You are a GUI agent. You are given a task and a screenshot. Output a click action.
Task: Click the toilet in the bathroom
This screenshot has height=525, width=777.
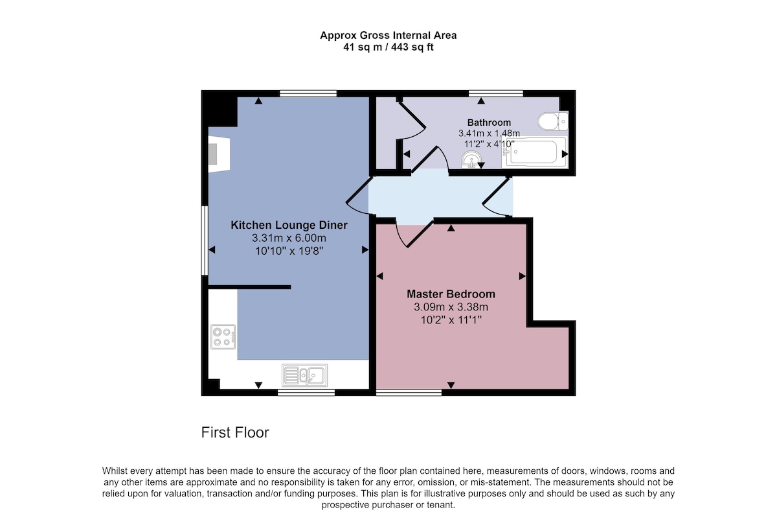(553, 121)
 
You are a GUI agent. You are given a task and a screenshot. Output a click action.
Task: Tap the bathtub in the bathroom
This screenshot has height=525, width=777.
(535, 152)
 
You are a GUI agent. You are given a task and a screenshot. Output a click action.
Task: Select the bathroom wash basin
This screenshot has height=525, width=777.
(471, 161)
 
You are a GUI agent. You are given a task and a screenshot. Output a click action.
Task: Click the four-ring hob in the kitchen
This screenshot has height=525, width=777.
(223, 337)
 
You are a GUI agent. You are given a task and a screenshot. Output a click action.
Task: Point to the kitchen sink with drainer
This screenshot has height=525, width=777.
(304, 375)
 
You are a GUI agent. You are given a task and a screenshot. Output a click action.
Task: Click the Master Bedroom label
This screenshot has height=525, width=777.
(451, 294)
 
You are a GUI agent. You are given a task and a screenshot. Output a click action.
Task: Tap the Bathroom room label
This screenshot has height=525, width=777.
(489, 122)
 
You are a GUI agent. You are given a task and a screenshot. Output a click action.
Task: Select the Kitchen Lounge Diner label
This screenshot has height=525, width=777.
(289, 225)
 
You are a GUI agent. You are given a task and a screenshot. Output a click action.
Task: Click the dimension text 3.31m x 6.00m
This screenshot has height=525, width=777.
(289, 239)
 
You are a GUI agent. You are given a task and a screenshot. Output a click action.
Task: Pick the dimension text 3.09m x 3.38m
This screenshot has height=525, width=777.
(451, 307)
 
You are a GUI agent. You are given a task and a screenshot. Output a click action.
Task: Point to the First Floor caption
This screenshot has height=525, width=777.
(235, 433)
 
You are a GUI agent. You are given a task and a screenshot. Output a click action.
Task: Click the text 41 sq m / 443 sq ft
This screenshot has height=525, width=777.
(388, 47)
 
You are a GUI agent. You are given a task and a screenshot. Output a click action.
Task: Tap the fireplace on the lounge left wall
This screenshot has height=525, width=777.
(219, 154)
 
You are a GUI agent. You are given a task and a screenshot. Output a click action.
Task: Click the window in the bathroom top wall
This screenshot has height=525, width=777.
(496, 93)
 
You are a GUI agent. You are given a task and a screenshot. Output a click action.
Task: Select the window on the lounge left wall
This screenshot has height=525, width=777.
(205, 240)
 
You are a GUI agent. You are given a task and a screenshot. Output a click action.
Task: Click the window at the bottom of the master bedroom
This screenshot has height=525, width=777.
(409, 393)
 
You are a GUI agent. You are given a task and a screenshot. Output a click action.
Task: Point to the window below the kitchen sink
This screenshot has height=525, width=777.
(306, 393)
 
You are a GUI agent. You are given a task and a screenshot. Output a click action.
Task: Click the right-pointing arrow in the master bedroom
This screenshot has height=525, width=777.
(523, 276)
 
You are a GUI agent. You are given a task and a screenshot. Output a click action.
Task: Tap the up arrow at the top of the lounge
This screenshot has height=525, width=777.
(258, 100)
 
